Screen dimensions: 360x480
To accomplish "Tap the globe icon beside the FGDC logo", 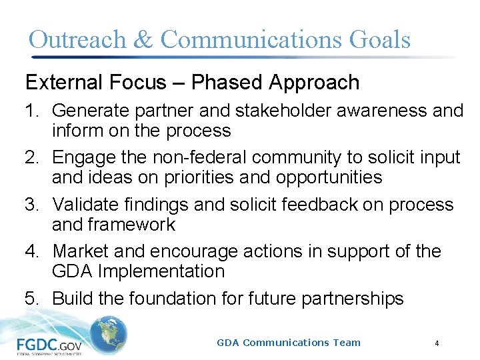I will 108,334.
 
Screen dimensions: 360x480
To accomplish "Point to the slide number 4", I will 436,343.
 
